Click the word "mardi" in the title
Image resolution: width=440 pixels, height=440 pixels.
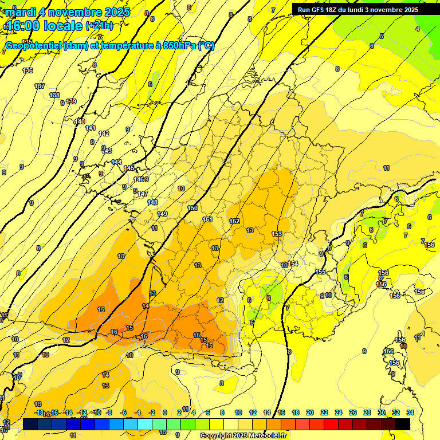[x=19, y=11]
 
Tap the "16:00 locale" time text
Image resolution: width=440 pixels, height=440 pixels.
[x=44, y=26]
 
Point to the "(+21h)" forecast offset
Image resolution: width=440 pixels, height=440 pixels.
[x=99, y=26]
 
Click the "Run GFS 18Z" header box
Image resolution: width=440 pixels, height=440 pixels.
[x=357, y=10]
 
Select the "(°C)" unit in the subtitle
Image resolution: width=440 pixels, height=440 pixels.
[x=206, y=45]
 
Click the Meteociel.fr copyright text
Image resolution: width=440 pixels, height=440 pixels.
[x=243, y=436]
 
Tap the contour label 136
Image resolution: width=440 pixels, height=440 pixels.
[x=27, y=70]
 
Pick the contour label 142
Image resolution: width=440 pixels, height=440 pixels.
[x=104, y=133]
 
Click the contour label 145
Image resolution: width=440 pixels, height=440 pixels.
[x=129, y=168]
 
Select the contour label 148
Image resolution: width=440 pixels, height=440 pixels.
[x=152, y=202]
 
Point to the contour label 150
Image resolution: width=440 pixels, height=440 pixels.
[x=192, y=208]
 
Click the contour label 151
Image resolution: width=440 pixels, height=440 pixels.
[x=207, y=219]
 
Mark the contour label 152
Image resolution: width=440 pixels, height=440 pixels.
[x=234, y=221]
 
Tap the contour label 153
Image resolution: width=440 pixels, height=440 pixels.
[x=277, y=234]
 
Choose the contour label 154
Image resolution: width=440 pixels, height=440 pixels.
[x=293, y=264]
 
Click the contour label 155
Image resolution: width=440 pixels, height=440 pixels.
[x=321, y=272]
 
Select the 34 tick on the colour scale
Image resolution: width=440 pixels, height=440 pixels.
[x=410, y=412]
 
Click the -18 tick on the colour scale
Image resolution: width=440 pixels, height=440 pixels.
[x=38, y=412]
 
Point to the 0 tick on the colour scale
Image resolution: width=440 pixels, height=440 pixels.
[x=165, y=412]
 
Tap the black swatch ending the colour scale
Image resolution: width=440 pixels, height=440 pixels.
[x=402, y=424]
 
